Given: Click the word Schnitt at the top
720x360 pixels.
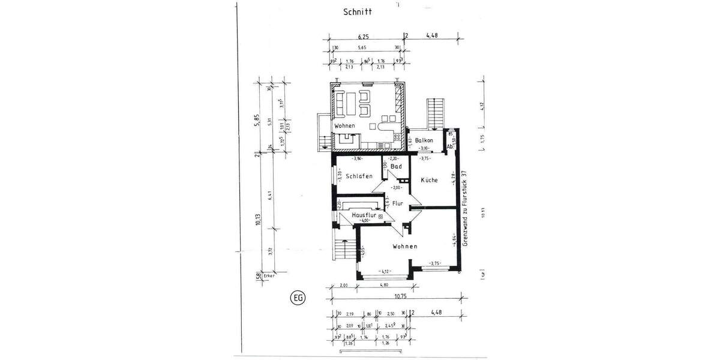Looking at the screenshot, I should point(357,11).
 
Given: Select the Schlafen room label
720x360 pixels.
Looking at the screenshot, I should point(359,176).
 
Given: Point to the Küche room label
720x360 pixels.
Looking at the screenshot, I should point(429,180).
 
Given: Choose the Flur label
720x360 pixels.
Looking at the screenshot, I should point(397,204).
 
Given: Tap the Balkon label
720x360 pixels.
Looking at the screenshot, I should point(424,140).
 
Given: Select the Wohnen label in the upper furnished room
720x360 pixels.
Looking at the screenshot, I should point(345,126).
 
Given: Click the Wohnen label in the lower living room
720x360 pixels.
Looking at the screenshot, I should point(405,247).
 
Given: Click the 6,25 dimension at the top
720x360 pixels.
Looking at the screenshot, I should point(363,37).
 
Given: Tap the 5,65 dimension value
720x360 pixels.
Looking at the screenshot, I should point(362,47).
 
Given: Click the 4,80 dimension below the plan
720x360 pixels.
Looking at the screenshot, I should point(383,286).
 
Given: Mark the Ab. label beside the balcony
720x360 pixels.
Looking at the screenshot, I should point(449,146).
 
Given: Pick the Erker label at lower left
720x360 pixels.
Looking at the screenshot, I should point(268,277).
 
